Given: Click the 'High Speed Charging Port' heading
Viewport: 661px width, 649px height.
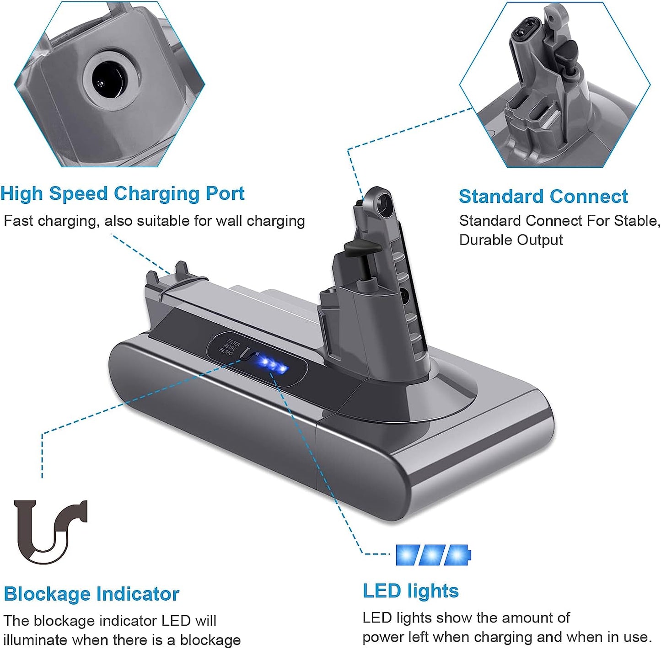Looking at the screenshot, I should tap(122, 194).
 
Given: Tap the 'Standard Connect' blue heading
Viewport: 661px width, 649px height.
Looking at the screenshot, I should tap(543, 197).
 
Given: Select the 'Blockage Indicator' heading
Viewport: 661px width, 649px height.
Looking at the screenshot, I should tap(91, 594).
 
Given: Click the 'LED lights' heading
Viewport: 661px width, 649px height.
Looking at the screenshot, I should tap(410, 591).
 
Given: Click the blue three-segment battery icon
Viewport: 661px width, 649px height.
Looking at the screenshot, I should tap(432, 555).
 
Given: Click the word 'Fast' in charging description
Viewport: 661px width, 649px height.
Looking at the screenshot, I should tap(18, 221).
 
